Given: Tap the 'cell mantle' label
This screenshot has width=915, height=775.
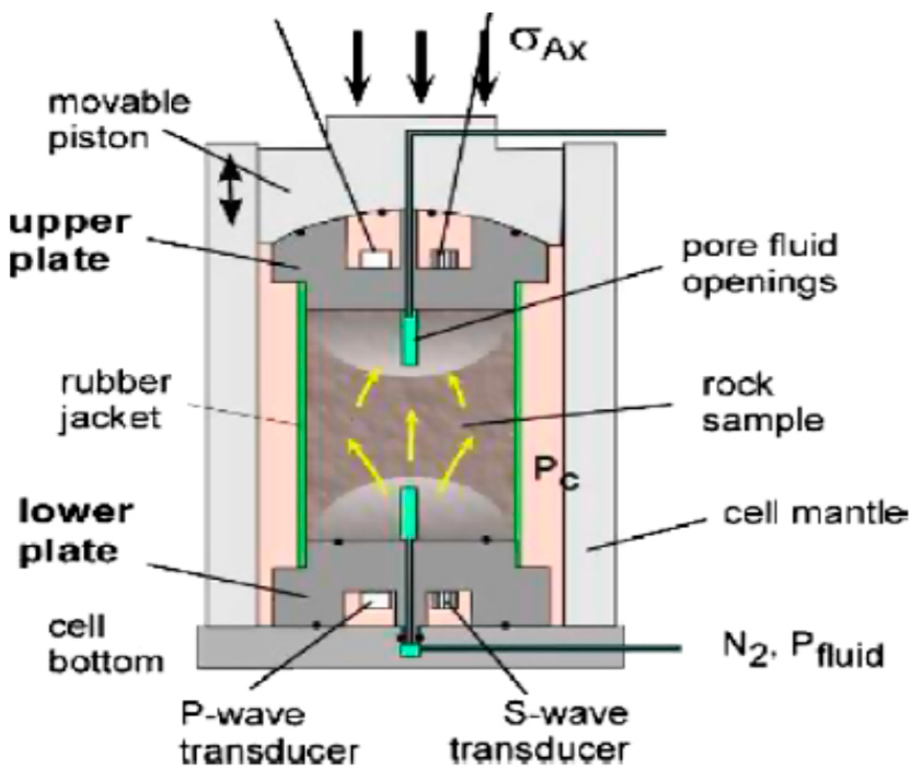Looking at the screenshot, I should pyautogui.click(x=812, y=514).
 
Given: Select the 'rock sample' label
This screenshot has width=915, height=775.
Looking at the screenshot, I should pyautogui.click(x=762, y=403).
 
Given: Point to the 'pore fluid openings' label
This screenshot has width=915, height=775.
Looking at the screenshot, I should pyautogui.click(x=760, y=264).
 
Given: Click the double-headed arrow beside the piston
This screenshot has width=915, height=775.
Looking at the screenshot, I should pyautogui.click(x=231, y=189).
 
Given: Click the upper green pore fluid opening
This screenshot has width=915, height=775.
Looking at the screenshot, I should pyautogui.click(x=409, y=338).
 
